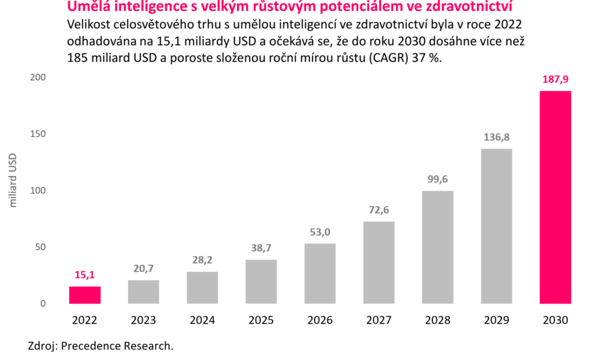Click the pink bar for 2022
[85, 295]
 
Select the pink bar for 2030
[555, 197]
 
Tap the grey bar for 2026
[320, 273]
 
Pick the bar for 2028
[437, 247]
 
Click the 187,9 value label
[555, 80]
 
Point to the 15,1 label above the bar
[85, 275]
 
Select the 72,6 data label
[379, 210]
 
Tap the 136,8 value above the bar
[496, 137]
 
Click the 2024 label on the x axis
[202, 320]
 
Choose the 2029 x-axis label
[496, 320]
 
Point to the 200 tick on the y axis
[38, 77]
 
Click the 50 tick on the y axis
[40, 247]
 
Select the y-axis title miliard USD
[14, 181]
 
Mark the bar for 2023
[143, 292]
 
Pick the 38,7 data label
[261, 248]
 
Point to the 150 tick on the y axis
[38, 134]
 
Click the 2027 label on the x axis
[379, 320]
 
